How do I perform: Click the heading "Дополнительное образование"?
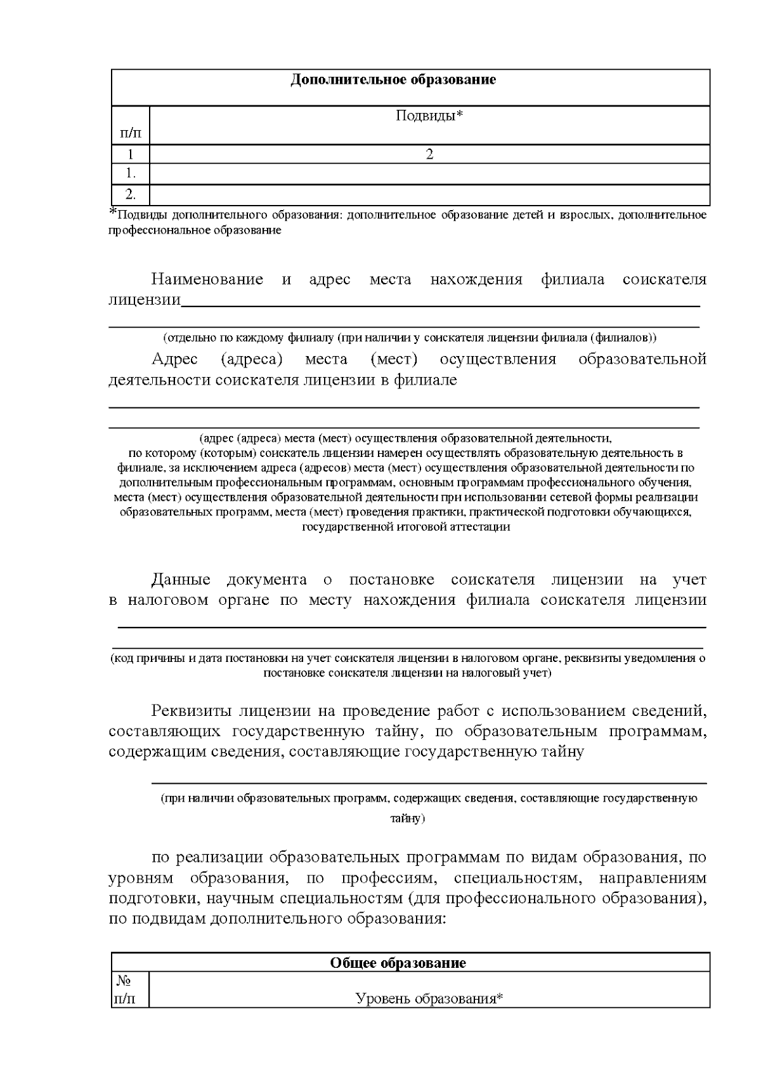[393, 80]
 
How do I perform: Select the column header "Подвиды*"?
[429, 116]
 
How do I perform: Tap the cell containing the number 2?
[429, 154]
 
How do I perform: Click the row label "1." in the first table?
[131, 173]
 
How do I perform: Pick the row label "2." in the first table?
[131, 194]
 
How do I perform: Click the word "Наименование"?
[207, 280]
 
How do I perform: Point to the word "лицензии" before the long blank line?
[145, 300]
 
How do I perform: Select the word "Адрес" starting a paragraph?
[175, 360]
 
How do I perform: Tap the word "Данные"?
[181, 579]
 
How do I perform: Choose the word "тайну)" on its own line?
[407, 819]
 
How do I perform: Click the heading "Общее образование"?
[398, 963]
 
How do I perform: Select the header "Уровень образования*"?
[429, 999]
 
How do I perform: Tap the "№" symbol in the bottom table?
[122, 981]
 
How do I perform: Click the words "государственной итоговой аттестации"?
[406, 527]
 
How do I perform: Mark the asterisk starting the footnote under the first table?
[114, 212]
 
